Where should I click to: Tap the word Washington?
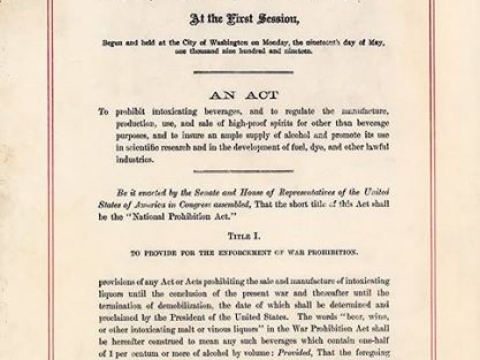pos(238,46)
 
